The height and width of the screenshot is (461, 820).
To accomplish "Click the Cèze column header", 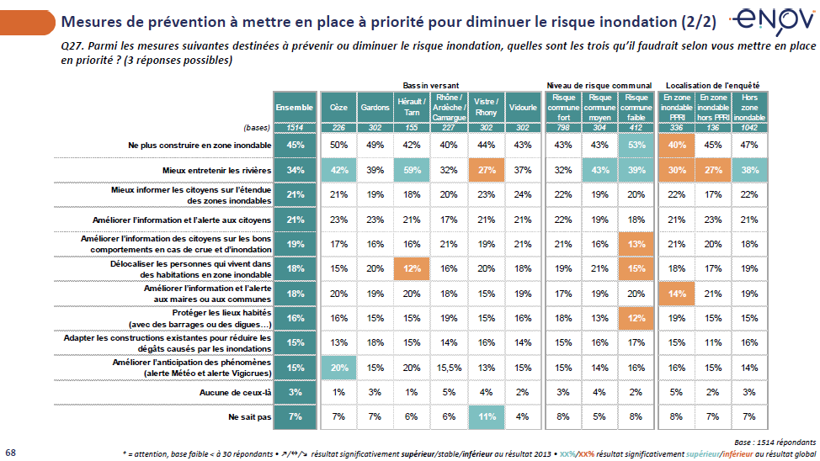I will [338, 108].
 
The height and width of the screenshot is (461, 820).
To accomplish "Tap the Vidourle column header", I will [523, 108].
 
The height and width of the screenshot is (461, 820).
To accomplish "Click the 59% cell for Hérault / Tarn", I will [410, 171].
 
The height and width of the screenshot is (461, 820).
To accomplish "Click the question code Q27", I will [73, 46].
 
